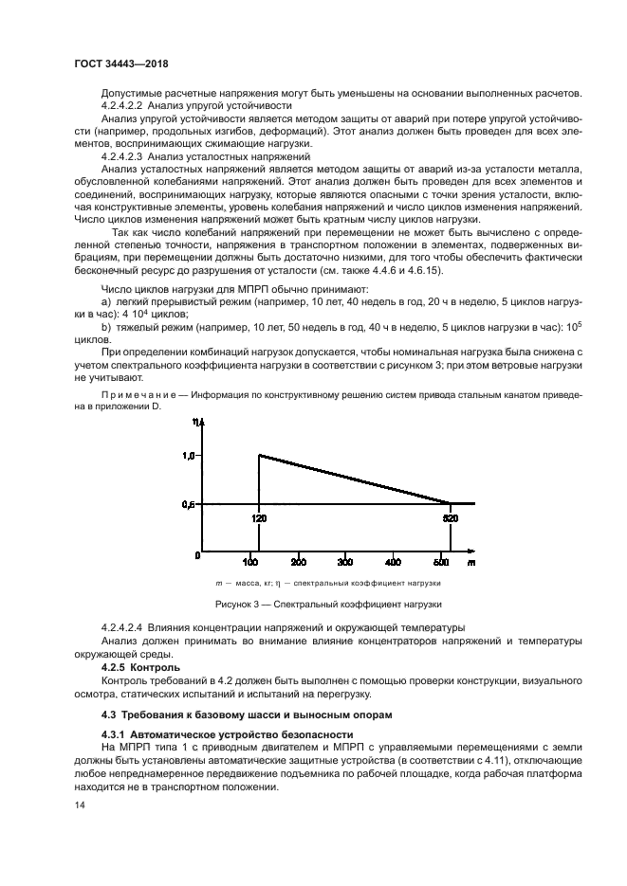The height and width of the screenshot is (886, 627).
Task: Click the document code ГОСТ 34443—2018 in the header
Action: click(x=127, y=65)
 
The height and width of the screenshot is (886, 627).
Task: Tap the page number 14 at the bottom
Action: click(x=80, y=805)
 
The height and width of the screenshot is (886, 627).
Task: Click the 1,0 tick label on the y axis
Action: click(x=189, y=456)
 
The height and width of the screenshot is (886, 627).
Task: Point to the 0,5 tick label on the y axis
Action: click(x=189, y=505)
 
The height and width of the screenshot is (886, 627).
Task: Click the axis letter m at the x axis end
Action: click(x=470, y=562)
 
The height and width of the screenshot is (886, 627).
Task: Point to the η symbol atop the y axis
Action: click(x=194, y=421)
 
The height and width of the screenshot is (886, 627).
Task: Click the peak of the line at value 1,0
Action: click(x=259, y=455)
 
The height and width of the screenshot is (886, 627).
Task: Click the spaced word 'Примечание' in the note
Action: click(x=134, y=392)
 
